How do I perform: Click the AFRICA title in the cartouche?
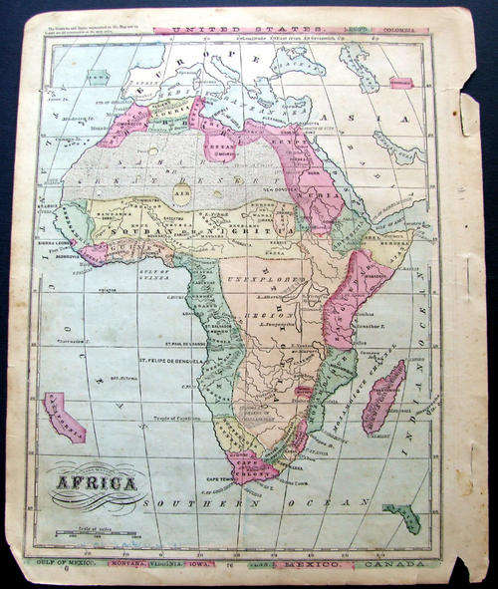pos(103,484)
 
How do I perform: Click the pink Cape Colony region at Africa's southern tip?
pos(251,464)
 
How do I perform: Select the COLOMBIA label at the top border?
pos(406,31)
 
